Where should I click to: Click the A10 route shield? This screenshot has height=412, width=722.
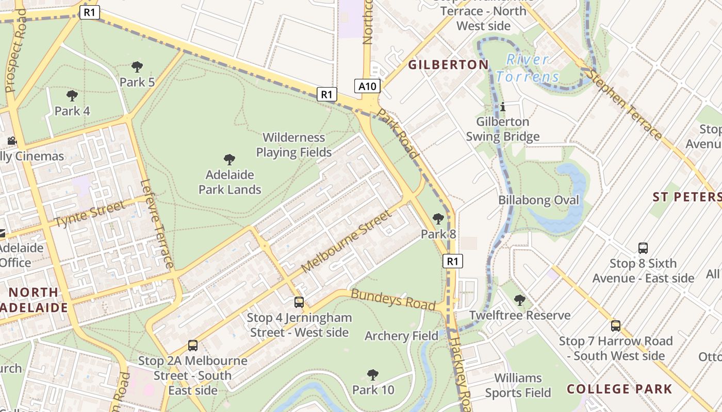point(367,86)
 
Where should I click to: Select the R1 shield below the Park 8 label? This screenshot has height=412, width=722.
point(452,261)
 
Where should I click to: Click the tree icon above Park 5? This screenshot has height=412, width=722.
point(137,66)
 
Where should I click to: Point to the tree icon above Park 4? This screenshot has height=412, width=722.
point(72,95)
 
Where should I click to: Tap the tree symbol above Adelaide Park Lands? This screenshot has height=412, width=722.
point(229,160)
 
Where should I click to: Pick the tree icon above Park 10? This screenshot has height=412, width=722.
point(372,374)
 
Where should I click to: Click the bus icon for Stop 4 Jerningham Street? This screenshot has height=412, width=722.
point(299,302)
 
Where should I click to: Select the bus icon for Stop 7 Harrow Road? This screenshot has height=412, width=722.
point(616,325)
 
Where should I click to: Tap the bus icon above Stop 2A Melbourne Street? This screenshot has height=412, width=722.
point(193,346)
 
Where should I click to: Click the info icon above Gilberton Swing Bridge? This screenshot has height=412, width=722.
point(503,107)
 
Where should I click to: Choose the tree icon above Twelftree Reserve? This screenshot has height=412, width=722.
point(520,300)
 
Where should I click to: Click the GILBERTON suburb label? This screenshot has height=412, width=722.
point(448,64)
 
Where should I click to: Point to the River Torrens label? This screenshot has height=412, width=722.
point(528,68)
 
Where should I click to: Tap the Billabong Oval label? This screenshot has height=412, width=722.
point(538,200)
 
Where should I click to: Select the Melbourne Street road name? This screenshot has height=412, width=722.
point(345,242)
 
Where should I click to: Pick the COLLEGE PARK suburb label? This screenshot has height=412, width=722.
point(619,389)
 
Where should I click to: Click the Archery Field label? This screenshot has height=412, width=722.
point(401,336)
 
